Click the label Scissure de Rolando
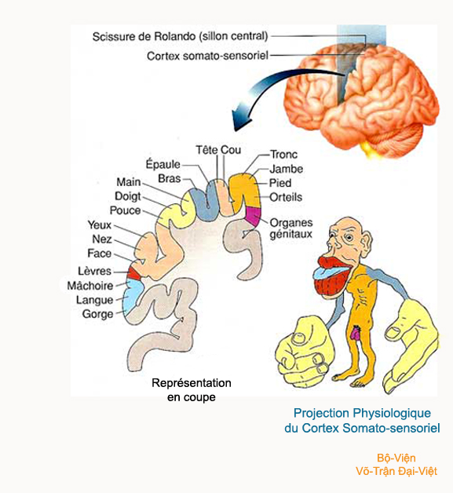(x=144, y=36)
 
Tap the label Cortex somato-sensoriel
(x=207, y=56)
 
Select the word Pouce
(x=125, y=210)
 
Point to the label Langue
(x=94, y=300)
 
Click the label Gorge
(x=97, y=314)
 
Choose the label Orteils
(x=286, y=197)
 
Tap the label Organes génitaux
(x=291, y=228)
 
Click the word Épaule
(x=163, y=164)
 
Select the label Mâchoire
(x=90, y=286)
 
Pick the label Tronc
(x=283, y=155)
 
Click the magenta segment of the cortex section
(x=254, y=216)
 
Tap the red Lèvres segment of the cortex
(x=134, y=274)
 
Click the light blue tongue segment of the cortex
(x=132, y=294)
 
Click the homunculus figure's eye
(x=349, y=238)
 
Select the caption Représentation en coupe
(x=192, y=390)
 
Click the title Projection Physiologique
(x=362, y=413)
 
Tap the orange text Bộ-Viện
(x=396, y=458)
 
